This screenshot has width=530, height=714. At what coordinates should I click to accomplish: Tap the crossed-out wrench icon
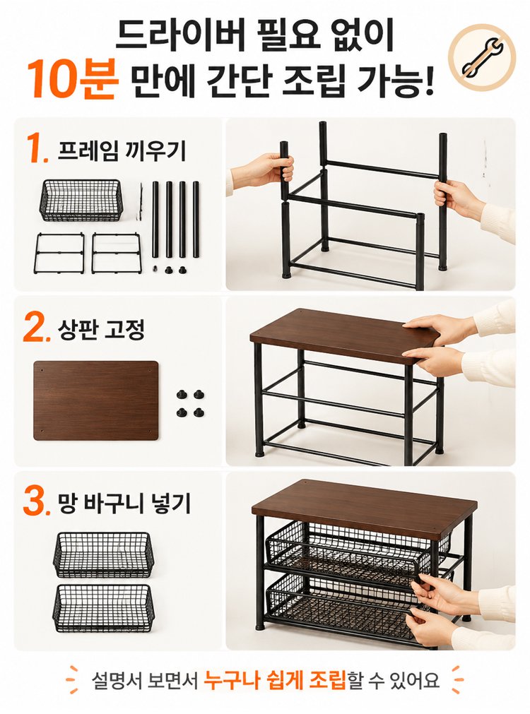(482, 58)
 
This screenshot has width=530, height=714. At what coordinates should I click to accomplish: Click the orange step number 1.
(37, 149)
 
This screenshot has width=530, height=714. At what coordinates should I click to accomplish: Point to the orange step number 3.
(37, 502)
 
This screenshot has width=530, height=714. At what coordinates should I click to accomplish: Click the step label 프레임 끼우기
(122, 150)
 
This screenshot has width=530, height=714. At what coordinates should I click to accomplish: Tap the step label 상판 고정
(101, 329)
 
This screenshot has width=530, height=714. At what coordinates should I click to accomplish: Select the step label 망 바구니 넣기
(124, 503)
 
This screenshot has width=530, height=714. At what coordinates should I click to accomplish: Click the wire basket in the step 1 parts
(81, 200)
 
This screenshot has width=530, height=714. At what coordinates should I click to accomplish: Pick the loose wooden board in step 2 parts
(95, 400)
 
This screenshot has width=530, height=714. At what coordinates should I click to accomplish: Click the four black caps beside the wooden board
(190, 403)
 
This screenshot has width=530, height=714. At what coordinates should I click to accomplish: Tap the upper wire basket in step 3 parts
(104, 554)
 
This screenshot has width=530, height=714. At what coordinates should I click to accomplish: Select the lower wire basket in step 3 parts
(104, 608)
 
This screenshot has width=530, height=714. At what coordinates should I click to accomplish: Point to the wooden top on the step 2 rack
(344, 336)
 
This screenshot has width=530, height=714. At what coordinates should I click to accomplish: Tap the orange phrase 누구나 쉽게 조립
(275, 681)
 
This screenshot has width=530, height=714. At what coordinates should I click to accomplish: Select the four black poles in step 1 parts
(176, 220)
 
